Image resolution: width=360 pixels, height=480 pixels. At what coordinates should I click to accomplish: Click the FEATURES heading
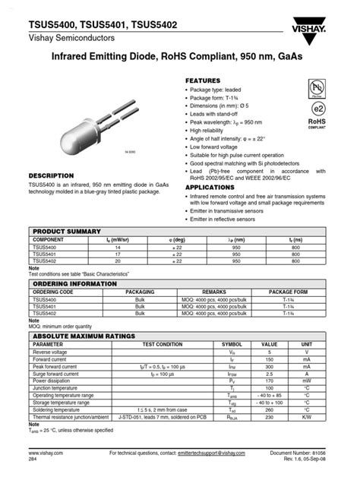(203, 81)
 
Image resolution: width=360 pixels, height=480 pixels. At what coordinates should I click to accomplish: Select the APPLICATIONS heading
(210, 187)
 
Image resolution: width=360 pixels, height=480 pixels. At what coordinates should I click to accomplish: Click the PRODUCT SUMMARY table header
(66, 231)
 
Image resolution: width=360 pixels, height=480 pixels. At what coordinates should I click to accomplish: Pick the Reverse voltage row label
(50, 352)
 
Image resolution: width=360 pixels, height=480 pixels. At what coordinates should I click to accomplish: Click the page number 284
(34, 460)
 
